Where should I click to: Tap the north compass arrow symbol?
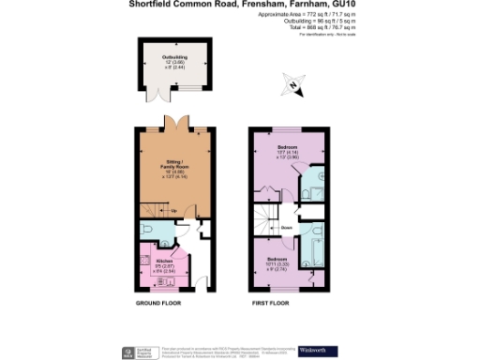coord(293,88)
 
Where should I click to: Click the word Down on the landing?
coord(287,227)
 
